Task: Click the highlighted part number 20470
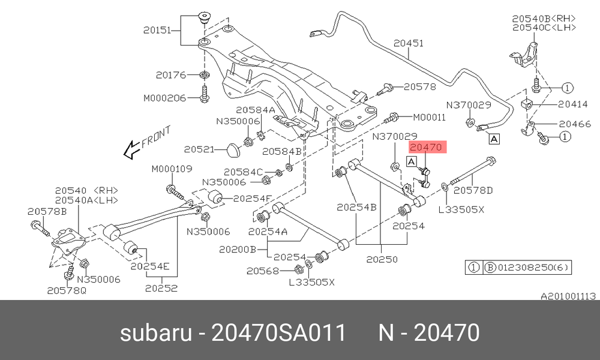pos(426,147)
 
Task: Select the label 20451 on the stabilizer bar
pos(409,43)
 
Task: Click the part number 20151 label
pos(157,30)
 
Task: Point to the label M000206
pos(164,98)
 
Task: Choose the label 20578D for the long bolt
pos(473,190)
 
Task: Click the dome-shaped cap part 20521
pos(233,149)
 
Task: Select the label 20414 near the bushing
pos(572,104)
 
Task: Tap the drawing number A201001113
pos(568,296)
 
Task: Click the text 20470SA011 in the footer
pos(278,332)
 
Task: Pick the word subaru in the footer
pos(156,332)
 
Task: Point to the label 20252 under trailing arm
pos(161,288)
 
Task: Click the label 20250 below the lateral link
pos(382,259)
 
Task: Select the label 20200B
pos(237,250)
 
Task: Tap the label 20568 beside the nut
pos(263,271)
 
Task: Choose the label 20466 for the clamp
pos(575,124)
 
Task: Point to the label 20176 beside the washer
pos(170,74)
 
